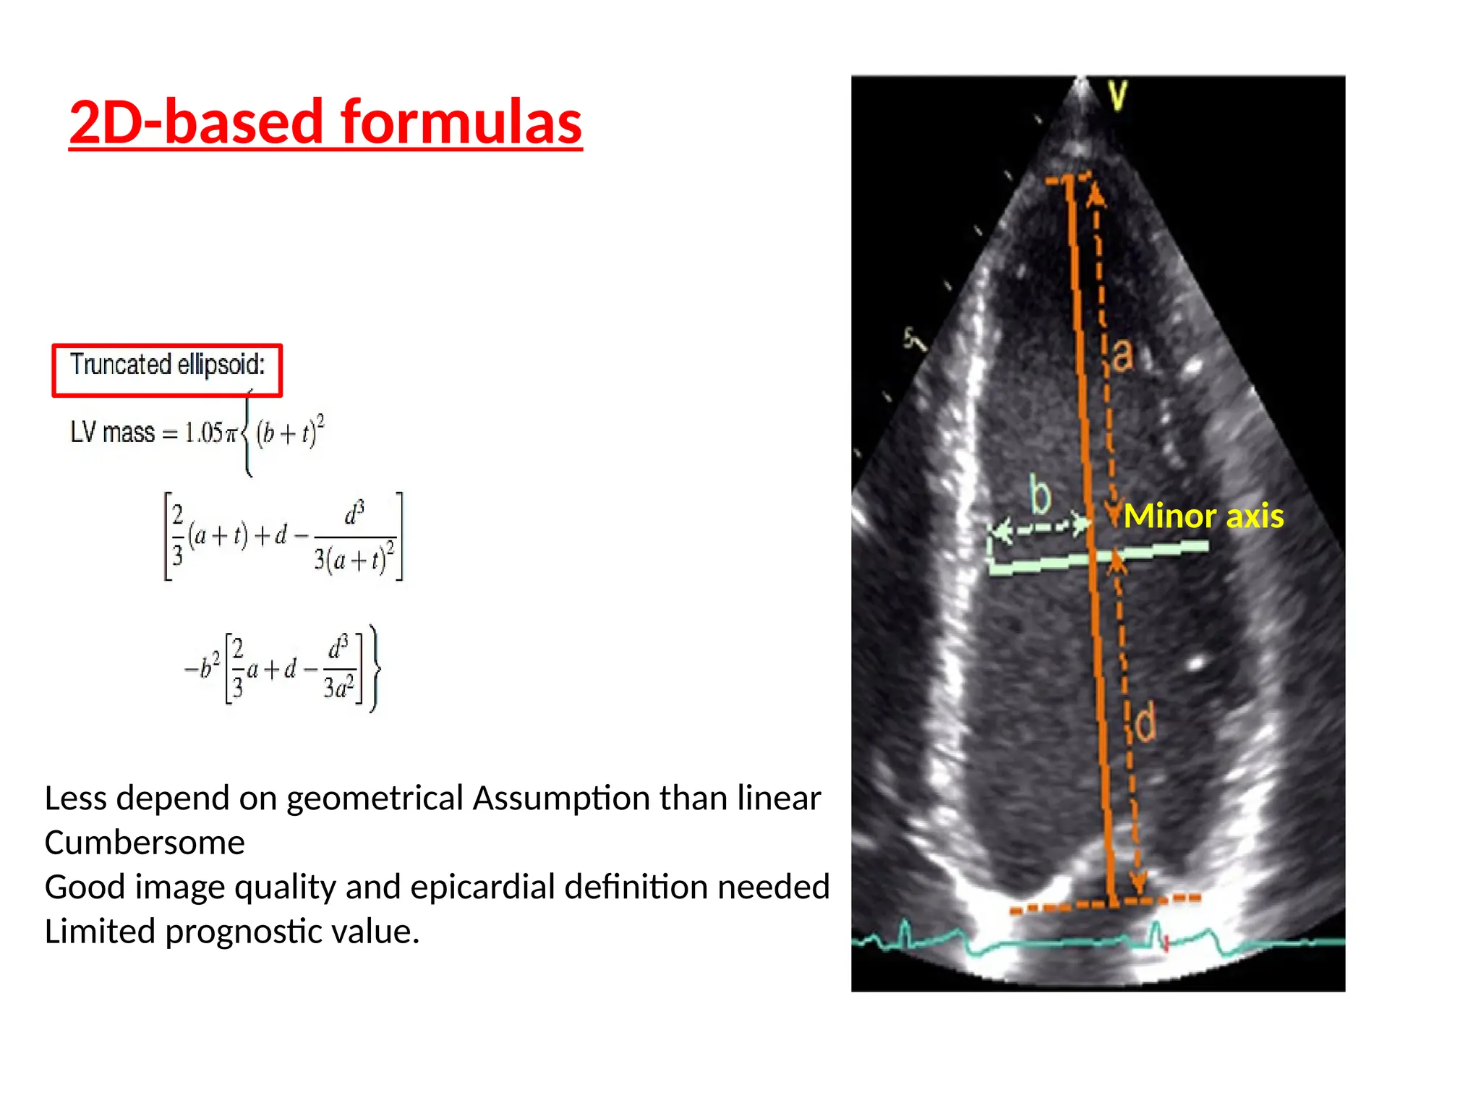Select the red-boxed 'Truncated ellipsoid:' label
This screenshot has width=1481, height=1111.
167,365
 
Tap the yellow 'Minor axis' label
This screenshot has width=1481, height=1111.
1203,516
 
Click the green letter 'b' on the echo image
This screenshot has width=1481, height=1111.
1040,495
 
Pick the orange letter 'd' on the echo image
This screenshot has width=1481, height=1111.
1145,723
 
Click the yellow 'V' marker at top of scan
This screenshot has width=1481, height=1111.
1118,95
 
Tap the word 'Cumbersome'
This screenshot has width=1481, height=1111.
145,843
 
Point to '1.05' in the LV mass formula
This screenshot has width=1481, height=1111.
203,433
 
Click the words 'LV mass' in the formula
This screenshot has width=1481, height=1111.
112,433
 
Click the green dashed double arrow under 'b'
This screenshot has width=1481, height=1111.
1040,529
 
